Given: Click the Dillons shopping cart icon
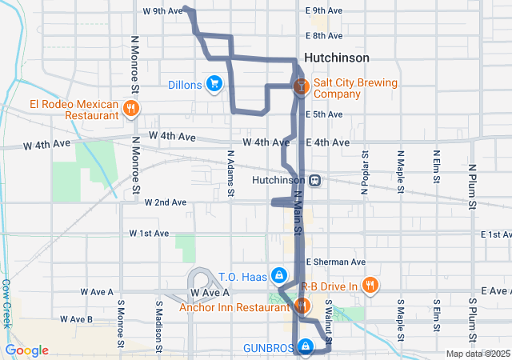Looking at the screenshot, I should click(214, 83).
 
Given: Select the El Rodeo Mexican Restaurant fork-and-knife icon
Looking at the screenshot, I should click(130, 108).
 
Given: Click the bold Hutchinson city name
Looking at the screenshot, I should click(337, 58).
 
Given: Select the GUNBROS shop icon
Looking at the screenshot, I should click(305, 346).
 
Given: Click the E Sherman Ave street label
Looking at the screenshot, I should click(335, 262).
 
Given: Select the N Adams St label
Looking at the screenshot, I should click(230, 173).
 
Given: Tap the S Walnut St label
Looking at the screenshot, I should click(329, 317).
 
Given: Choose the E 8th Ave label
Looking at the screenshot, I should click(325, 36).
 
